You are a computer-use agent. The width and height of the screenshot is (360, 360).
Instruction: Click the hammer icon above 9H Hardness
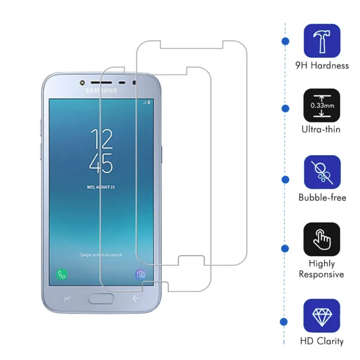tap(322, 41)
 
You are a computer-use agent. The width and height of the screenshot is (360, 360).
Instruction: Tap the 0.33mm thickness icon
tap(322, 106)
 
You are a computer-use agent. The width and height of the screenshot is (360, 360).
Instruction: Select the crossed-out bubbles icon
tap(322, 172)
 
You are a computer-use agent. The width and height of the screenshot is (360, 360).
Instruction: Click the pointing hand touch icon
tap(322, 239)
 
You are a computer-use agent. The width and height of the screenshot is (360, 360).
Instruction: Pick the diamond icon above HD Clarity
tap(322, 316)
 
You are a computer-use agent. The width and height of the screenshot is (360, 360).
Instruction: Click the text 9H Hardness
tap(322, 66)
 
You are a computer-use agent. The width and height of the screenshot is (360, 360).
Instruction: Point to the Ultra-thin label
tap(321, 129)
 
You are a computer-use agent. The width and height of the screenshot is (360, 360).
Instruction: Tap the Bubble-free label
tap(323, 198)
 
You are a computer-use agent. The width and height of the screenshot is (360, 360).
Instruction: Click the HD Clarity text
tap(322, 341)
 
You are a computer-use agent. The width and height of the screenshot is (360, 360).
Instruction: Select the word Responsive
tap(322, 274)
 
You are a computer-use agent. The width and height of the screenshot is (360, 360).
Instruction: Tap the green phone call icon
tap(62, 274)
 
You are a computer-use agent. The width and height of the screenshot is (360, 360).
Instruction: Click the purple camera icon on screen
tap(141, 274)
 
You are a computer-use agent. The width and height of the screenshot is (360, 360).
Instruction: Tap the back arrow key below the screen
tap(135, 298)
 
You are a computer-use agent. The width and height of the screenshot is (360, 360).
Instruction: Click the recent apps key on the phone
tap(67, 299)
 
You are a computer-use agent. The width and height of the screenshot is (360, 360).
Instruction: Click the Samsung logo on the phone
tap(101, 90)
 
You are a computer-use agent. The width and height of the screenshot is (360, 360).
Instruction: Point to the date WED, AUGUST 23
tap(101, 187)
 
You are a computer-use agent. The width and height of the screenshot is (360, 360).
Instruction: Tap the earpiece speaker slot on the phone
tap(101, 82)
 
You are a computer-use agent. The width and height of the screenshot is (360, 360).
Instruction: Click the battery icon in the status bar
tap(149, 102)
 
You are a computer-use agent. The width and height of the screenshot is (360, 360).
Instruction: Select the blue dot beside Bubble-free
tap(286, 180)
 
